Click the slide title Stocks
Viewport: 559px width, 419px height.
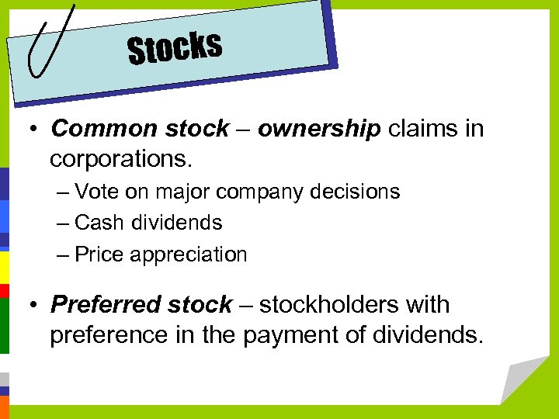[x=175, y=48]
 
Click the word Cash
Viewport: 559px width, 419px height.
[x=98, y=223]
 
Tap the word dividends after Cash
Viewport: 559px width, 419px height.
[x=176, y=223]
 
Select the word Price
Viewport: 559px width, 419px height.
[x=99, y=255]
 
